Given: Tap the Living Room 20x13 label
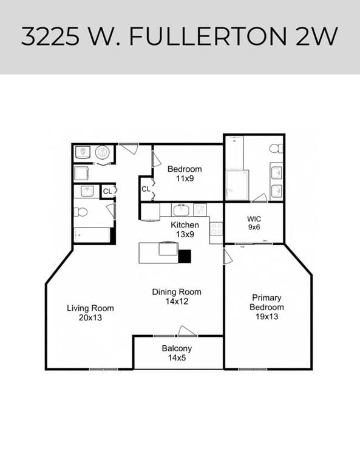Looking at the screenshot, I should click(90, 312).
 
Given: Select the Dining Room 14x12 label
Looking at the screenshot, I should click(176, 296).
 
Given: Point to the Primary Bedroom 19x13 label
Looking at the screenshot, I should click(266, 306).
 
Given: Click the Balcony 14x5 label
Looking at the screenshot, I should click(177, 353).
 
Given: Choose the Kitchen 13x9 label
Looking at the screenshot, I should click(185, 229).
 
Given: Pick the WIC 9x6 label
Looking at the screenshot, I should click(254, 223).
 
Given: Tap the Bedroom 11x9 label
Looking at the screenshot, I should click(185, 174).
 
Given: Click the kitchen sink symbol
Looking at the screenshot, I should click(180, 211).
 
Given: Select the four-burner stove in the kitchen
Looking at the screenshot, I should click(216, 228).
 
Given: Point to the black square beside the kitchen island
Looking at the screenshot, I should click(185, 256).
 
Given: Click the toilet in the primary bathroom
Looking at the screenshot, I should click(276, 148).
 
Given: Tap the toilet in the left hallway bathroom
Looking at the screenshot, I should click(80, 212).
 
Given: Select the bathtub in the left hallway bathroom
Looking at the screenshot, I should click(92, 235).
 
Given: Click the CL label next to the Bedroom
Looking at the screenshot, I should click(146, 189).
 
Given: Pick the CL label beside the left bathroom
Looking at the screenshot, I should click(107, 192).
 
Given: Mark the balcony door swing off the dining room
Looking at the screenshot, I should click(187, 331).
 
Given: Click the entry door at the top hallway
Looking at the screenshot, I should click(128, 148).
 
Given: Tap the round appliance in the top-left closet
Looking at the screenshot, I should click(103, 152).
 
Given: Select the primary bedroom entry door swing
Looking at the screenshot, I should click(228, 257).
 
